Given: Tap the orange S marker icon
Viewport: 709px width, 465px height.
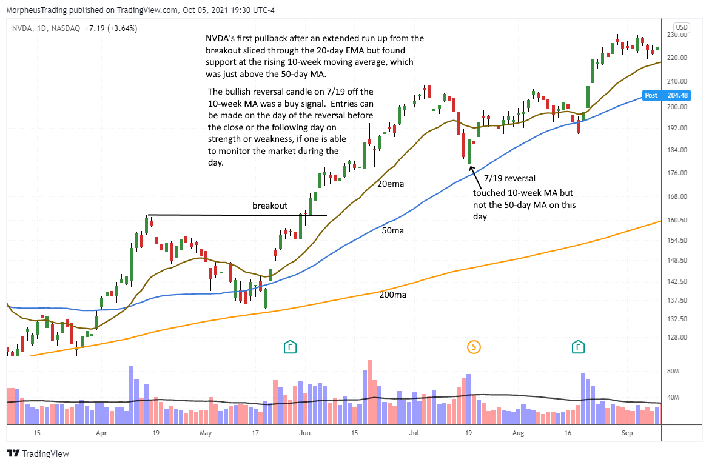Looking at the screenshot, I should pyautogui.click(x=474, y=347).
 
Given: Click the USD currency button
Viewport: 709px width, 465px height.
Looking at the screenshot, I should pyautogui.click(x=682, y=27).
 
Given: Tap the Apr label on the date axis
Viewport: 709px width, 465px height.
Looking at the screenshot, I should pyautogui.click(x=101, y=433).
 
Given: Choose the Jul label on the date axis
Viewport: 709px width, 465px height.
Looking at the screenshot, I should pyautogui.click(x=414, y=433).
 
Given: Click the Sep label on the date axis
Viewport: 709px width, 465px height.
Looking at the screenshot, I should pyautogui.click(x=628, y=433).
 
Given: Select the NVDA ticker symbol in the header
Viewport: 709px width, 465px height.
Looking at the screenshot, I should pyautogui.click(x=22, y=28).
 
